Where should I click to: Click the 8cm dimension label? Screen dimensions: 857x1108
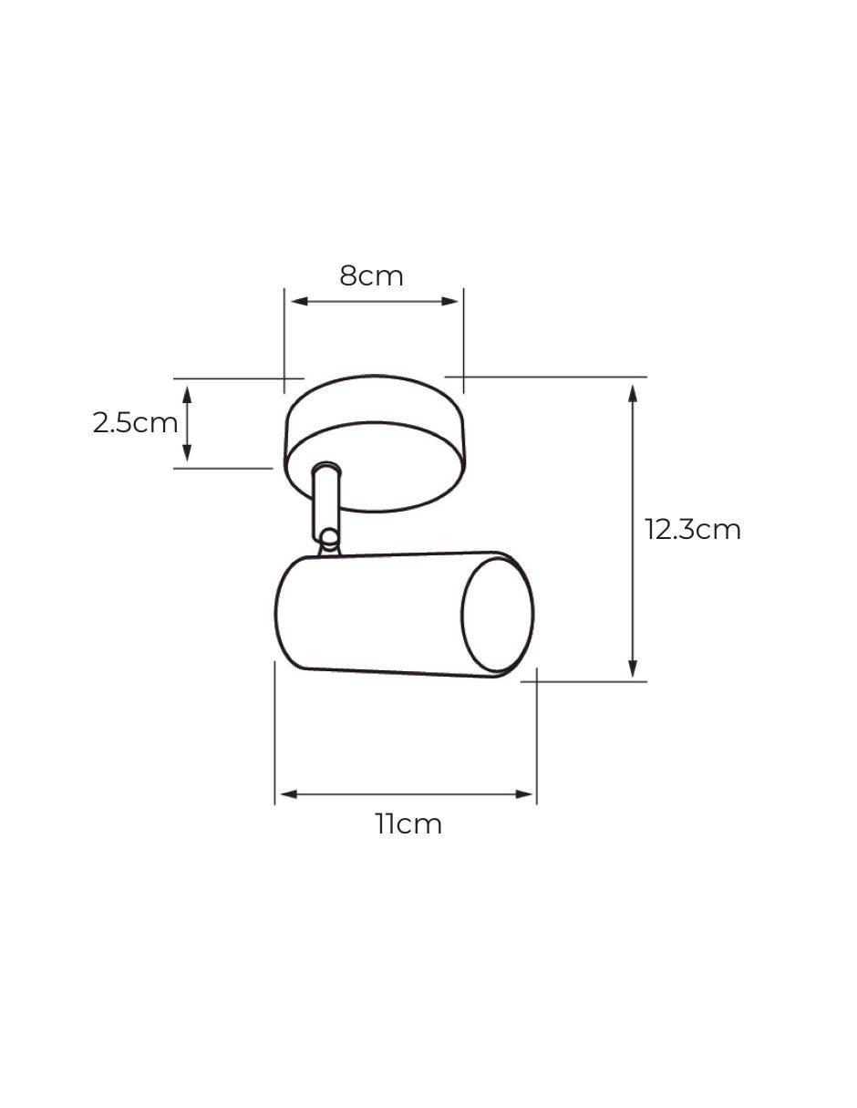371,275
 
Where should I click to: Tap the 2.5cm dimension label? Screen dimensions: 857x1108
135,423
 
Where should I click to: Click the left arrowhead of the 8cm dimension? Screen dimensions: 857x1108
300,301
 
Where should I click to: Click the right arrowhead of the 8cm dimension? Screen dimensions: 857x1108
449,301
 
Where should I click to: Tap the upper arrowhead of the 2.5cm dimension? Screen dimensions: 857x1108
187,395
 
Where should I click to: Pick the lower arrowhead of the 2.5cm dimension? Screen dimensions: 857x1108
187,453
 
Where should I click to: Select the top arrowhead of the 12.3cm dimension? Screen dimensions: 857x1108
633,394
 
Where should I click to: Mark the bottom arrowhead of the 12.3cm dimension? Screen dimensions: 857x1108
633,668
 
